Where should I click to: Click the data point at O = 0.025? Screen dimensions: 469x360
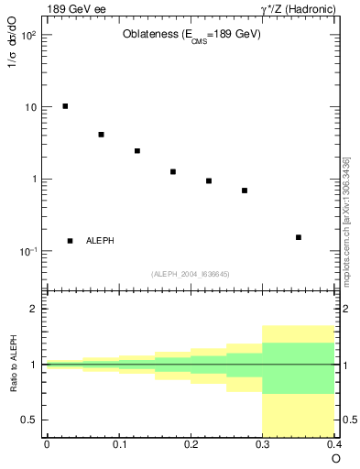[65, 106]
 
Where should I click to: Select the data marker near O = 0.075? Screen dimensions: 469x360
[101, 135]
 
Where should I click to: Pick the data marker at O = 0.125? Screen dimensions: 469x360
[137, 151]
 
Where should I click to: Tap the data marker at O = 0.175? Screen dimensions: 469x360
[173, 171]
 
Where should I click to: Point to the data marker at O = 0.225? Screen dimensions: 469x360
[209, 180]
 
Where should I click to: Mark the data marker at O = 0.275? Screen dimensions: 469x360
[245, 191]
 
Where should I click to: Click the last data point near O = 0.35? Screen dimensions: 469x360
[299, 237]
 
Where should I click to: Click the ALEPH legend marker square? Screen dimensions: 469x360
[70, 241]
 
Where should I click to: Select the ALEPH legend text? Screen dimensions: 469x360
[100, 241]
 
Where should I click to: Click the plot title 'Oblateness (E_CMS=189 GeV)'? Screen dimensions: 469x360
[191, 35]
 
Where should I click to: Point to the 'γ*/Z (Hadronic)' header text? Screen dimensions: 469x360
[298, 9]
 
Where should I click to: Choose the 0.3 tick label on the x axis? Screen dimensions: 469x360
[263, 444]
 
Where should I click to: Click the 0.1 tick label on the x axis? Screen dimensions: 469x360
[119, 444]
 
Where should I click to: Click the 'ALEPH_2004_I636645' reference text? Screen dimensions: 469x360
[191, 273]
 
